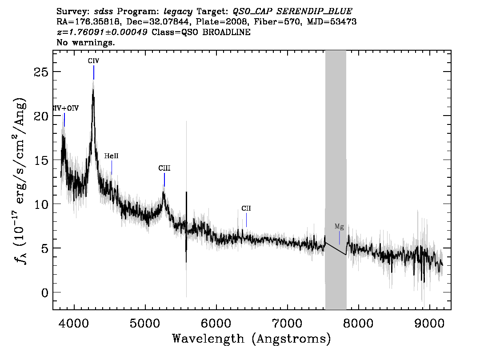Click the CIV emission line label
pos(93,61)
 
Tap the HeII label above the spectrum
pos(111,156)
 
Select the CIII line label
pos(164,168)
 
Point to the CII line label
pos(246,208)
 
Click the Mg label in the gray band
pos(339,227)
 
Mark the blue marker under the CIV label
pos(94,72)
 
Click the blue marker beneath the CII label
pos(247,220)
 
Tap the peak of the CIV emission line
pos(93,89)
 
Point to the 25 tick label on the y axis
pos(41,72)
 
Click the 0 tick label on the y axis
pos(45,293)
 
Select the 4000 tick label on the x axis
pos(74,323)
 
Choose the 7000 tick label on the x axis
pos(287,323)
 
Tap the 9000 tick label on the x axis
pos(429,323)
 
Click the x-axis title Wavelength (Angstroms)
pos(252,339)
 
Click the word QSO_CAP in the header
pos(253,12)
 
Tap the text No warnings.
pos(85,42)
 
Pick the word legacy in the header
pos(178,12)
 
